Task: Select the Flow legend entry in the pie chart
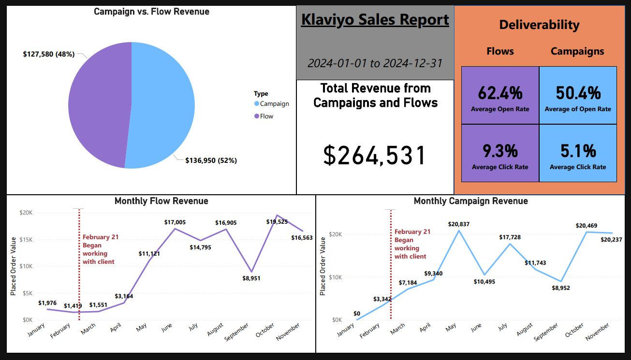[266, 116]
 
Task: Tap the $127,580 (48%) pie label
[49, 54]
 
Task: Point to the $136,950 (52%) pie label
[211, 160]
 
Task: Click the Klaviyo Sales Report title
[375, 20]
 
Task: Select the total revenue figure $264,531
[375, 155]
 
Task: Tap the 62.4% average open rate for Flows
[500, 93]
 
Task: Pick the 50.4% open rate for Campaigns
[578, 93]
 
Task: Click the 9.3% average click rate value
[500, 151]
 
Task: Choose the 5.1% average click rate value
[578, 151]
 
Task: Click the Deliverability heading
[539, 25]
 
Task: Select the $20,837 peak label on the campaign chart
[459, 224]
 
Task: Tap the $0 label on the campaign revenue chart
[357, 314]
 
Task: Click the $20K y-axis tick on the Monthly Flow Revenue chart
[26, 213]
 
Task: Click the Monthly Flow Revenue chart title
[161, 201]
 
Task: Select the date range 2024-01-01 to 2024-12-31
[375, 63]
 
